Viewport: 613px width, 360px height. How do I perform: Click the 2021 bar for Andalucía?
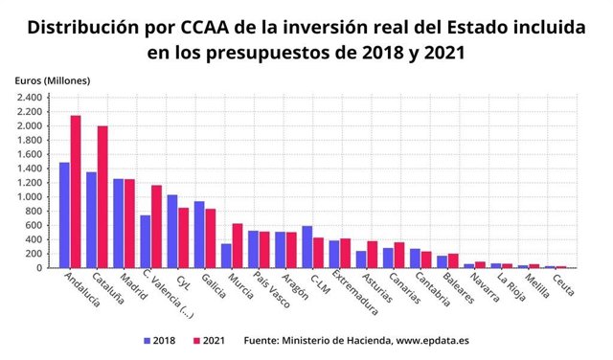click(x=75, y=191)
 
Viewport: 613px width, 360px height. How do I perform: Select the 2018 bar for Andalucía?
click(x=64, y=215)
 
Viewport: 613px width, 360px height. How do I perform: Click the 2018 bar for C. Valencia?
click(x=146, y=241)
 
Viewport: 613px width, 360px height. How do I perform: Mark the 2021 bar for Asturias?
click(x=372, y=255)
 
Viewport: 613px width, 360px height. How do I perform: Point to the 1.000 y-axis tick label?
click(x=28, y=197)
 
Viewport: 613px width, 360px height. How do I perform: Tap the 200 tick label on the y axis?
click(x=34, y=255)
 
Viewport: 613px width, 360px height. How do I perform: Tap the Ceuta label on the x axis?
click(x=563, y=284)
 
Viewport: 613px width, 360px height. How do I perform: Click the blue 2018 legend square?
click(x=147, y=340)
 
